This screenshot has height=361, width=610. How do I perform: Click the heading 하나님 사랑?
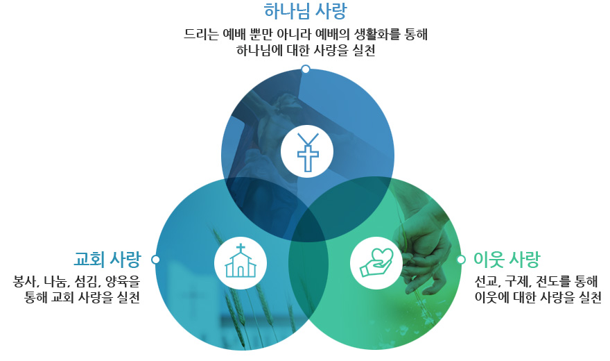click(305, 11)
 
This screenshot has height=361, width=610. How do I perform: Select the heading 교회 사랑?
click(107, 259)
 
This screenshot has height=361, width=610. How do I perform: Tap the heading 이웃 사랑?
click(507, 259)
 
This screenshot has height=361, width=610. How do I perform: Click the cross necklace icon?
click(307, 152)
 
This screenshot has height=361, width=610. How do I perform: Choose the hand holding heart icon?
click(376, 263)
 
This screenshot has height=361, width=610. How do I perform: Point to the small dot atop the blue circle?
click(306, 69)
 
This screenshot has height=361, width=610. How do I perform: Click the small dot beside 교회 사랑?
click(155, 260)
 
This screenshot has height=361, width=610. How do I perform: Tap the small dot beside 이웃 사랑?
click(461, 260)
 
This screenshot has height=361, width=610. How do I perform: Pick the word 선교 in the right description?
click(486, 281)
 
